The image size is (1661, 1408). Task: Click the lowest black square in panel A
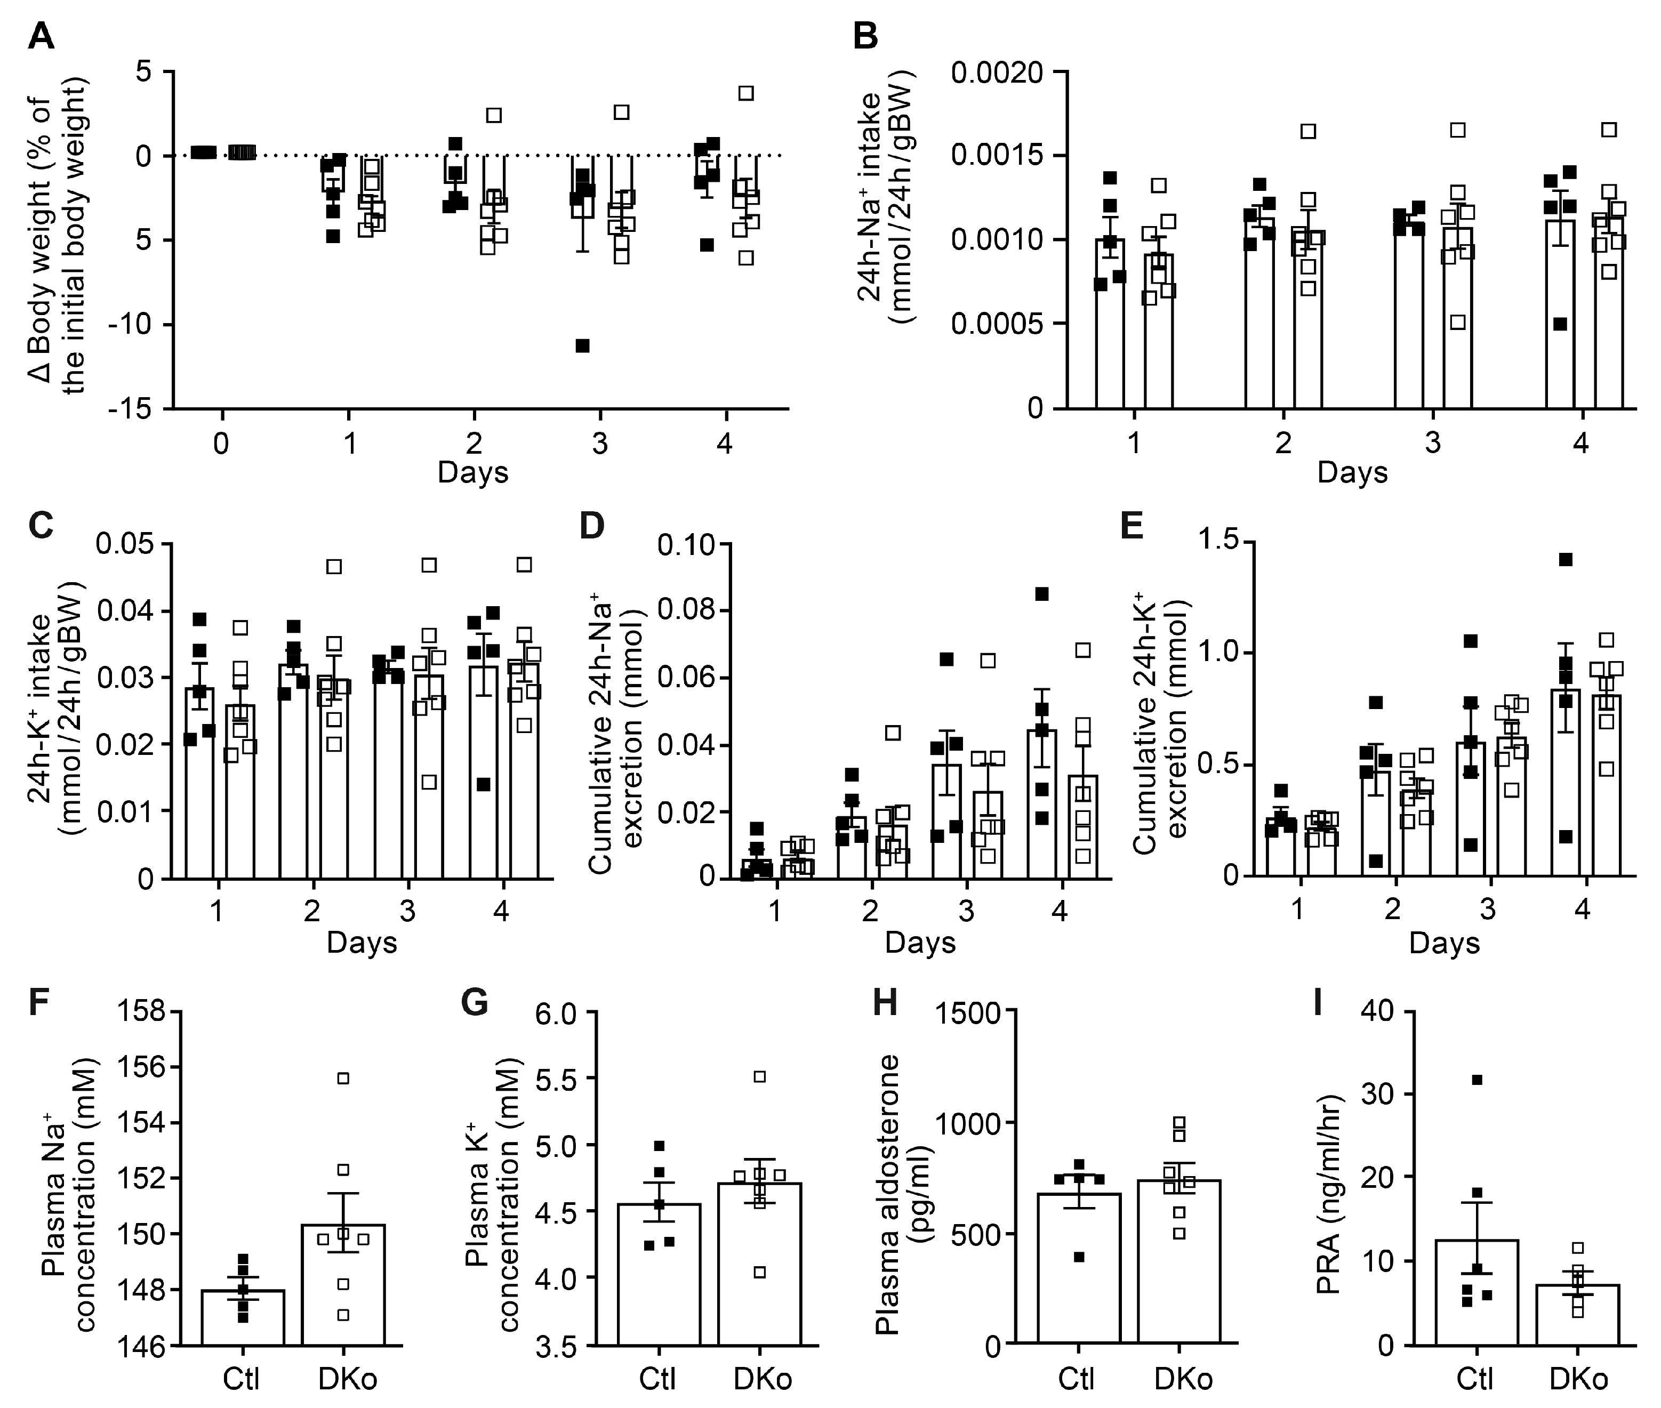(x=583, y=345)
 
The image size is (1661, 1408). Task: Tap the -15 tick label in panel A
(x=132, y=409)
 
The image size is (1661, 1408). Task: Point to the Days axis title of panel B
(x=1352, y=472)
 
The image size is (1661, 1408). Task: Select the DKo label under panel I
(x=1578, y=1379)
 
